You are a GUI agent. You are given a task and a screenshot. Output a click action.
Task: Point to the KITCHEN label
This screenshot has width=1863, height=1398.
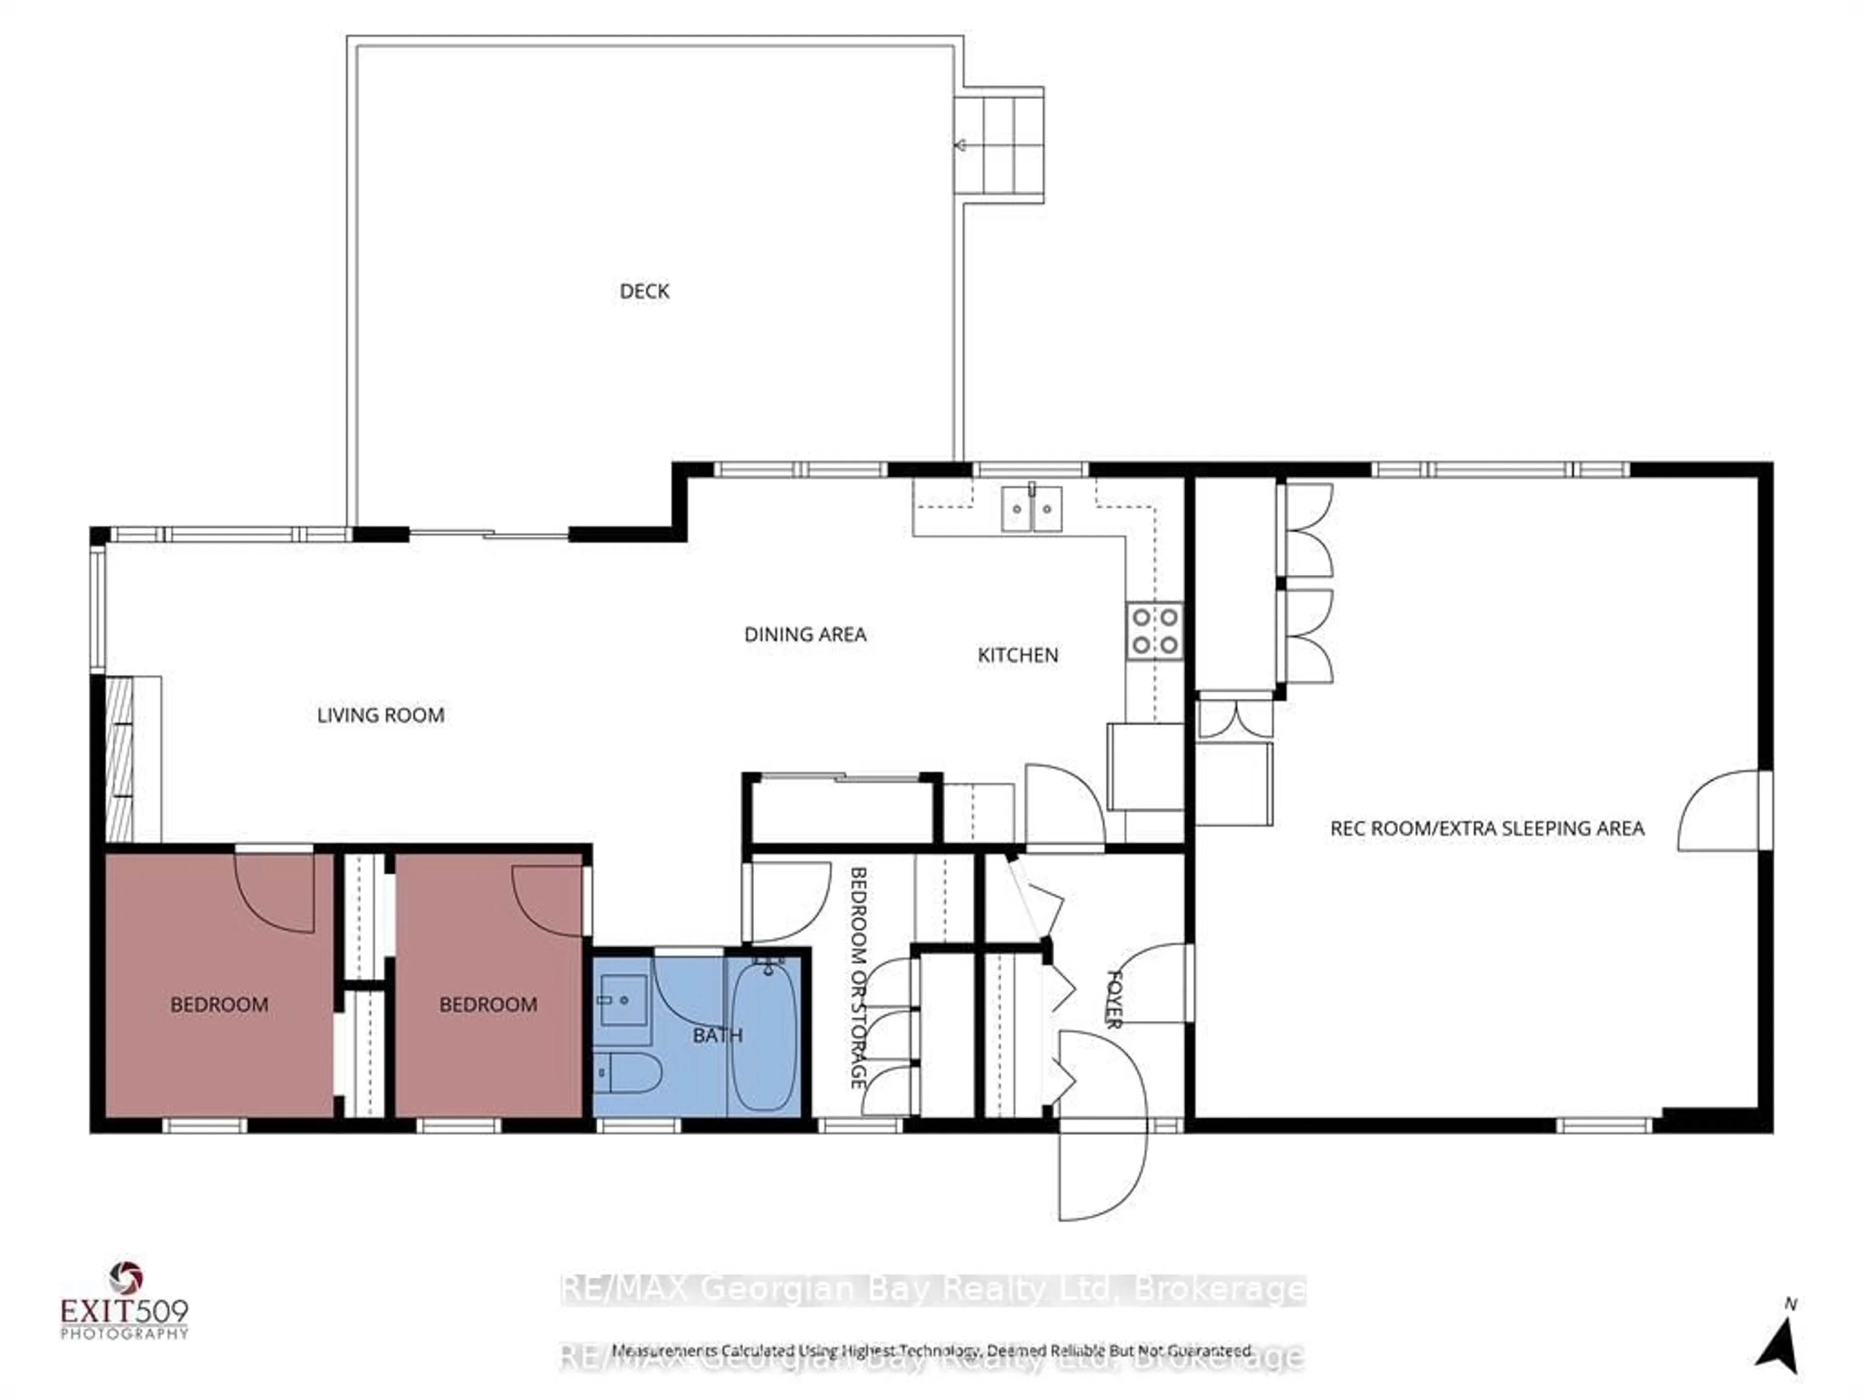coord(1017,655)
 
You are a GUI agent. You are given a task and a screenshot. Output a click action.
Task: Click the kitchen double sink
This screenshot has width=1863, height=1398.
coord(1032,509)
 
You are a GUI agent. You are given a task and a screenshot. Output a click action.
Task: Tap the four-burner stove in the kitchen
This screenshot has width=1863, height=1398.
coord(1155,631)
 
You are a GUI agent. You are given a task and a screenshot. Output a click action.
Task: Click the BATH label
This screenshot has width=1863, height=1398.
coord(718,1035)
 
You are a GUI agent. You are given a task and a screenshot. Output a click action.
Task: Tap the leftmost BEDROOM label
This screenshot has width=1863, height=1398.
coord(219,1004)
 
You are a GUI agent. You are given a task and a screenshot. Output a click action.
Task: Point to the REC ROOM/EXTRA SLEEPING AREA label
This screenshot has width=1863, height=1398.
coord(1487,828)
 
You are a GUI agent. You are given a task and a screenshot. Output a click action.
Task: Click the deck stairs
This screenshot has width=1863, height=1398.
coord(1000,145)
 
